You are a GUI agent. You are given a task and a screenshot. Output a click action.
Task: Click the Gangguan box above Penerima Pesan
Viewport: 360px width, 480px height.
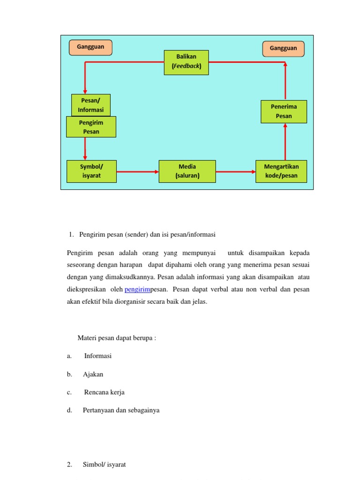pos(283,48)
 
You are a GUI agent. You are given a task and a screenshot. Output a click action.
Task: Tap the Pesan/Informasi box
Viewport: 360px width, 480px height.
pos(90,105)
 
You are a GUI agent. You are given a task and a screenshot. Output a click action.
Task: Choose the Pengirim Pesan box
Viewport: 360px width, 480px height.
pos(90,127)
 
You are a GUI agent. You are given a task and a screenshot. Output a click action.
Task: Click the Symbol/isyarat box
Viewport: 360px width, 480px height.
pos(91,172)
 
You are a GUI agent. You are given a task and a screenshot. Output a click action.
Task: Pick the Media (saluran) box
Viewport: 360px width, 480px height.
pos(187,172)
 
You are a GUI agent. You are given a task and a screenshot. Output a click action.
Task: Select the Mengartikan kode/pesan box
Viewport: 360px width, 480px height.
pos(281,172)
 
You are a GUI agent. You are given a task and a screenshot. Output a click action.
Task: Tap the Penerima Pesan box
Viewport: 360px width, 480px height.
pos(284,112)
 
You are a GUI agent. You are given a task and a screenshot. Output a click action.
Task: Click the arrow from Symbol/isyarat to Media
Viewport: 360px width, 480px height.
pos(137,172)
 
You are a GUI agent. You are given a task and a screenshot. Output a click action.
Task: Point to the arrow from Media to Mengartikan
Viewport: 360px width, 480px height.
pos(236,172)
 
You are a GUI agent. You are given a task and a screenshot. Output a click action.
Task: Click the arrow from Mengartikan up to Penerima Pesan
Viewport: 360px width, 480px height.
pos(285,142)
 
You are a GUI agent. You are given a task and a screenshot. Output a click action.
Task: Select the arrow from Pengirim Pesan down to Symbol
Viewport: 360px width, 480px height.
pos(85,149)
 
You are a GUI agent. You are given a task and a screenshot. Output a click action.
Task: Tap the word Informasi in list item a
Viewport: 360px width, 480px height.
pos(98,356)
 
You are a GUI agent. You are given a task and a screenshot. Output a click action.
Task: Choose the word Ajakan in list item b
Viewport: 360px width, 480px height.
pos(93,374)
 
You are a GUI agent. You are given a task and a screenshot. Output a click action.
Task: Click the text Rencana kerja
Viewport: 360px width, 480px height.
pos(105,392)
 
